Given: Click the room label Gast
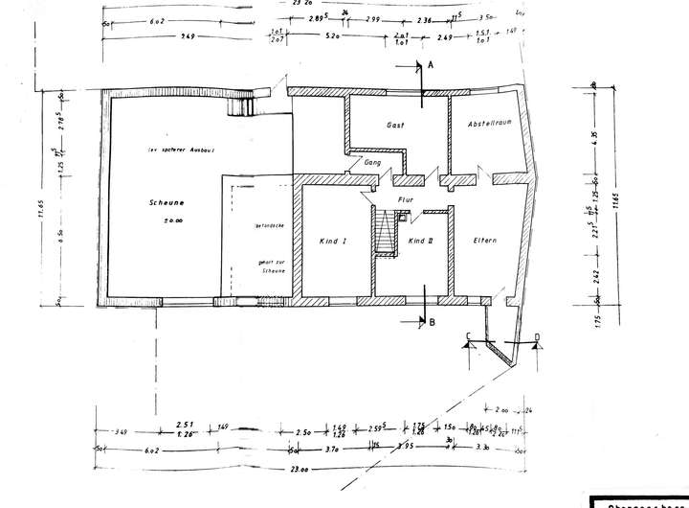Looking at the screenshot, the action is point(395,126).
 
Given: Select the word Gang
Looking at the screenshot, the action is point(373,164).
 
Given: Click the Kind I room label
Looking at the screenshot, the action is point(332,242).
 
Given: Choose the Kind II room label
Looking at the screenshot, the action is point(421,242).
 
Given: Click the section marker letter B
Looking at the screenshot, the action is point(433,323).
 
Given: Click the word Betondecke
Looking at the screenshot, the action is point(266,228).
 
